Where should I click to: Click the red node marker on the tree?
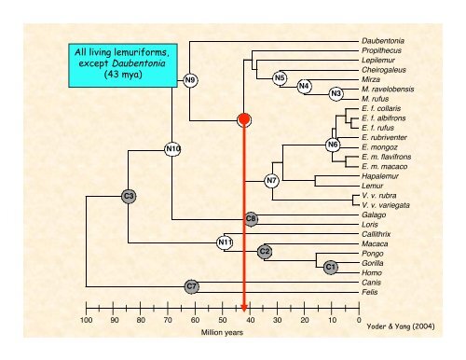coord(244,119)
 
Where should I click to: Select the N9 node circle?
coord(190,79)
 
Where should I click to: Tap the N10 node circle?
coord(172,148)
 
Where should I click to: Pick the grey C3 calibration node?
coord(129,195)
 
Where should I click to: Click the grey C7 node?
coord(190,284)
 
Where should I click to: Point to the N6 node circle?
coord(333,145)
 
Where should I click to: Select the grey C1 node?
coord(330,268)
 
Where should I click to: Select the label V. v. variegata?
coord(385,204)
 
